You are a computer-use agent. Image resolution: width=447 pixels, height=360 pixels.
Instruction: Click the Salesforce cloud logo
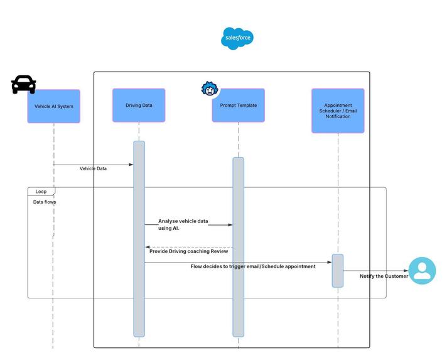click(x=237, y=38)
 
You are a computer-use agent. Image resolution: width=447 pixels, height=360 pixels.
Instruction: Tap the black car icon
click(x=24, y=85)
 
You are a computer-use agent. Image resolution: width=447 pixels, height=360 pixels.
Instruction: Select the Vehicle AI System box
click(x=54, y=106)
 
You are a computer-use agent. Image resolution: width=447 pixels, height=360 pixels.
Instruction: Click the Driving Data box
click(x=139, y=105)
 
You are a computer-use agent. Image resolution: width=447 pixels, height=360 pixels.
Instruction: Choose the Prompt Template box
click(x=238, y=106)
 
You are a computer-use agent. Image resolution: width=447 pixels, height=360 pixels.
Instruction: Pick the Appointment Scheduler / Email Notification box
click(x=338, y=111)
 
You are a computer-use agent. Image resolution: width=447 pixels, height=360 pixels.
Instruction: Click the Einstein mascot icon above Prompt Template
click(x=209, y=89)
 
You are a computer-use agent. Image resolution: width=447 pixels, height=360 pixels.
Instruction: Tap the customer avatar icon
click(x=422, y=271)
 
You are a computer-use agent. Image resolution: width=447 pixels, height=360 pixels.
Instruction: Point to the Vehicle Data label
click(x=93, y=168)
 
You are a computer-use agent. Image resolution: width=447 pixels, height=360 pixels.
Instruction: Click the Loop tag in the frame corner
click(x=41, y=191)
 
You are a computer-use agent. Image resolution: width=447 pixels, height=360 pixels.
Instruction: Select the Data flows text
click(x=45, y=202)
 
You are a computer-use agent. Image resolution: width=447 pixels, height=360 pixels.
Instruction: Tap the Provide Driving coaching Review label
click(x=188, y=251)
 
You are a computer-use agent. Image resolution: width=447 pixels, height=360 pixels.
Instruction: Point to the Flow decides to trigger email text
click(x=253, y=266)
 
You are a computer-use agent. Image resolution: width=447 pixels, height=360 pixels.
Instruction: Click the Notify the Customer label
click(x=384, y=276)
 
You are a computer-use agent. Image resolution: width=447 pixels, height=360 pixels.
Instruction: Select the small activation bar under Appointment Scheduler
click(x=338, y=270)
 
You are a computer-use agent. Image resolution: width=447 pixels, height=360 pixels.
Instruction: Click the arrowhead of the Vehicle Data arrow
click(x=131, y=165)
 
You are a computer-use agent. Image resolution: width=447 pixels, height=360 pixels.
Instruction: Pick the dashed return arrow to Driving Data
click(x=188, y=247)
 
